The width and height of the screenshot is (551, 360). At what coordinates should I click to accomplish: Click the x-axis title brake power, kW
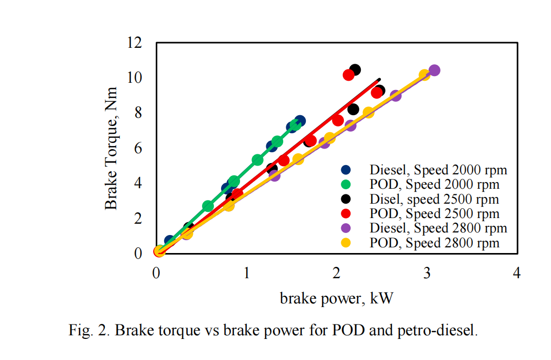[x=336, y=298]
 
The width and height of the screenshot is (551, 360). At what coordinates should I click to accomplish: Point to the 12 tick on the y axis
[x=135, y=43]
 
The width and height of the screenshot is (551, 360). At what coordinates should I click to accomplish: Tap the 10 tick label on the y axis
[x=135, y=78]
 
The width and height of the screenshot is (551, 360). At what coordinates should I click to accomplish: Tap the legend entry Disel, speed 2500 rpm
[x=434, y=199]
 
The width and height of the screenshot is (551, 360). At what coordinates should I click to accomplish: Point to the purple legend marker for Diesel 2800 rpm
[x=346, y=228]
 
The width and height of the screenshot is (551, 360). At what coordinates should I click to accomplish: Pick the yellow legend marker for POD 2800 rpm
[x=346, y=243]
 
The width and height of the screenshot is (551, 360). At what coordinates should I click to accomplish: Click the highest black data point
[x=355, y=70]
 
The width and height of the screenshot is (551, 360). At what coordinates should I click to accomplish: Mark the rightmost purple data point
[x=434, y=70]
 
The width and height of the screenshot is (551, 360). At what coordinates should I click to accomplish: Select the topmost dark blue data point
[x=300, y=121]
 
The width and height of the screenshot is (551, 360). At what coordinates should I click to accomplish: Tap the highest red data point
[x=348, y=75]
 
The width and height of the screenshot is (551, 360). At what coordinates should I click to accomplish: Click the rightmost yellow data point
[x=425, y=75]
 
